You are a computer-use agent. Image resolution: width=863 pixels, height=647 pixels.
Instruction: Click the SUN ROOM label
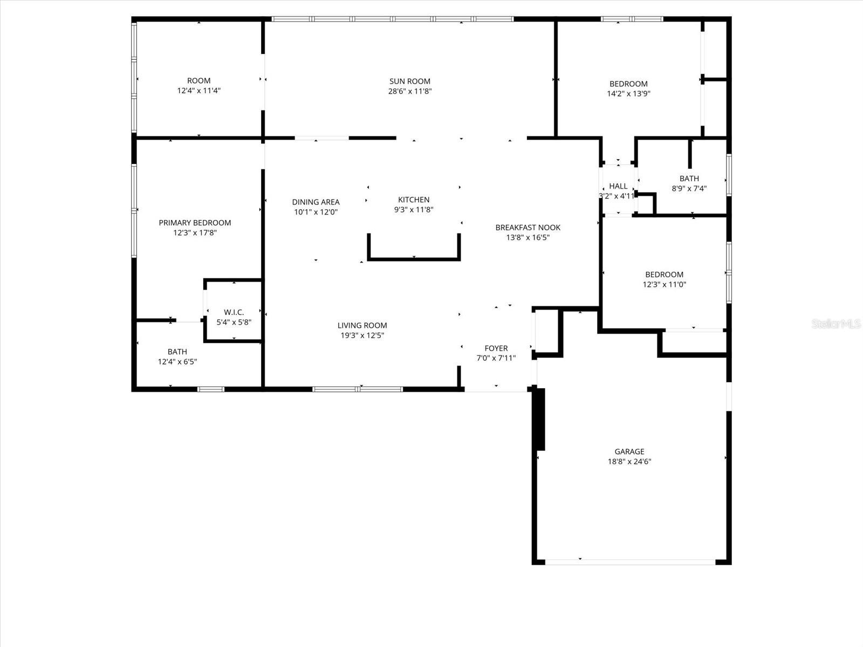click(410, 81)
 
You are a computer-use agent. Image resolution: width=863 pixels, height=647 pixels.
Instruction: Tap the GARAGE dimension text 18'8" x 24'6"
click(629, 462)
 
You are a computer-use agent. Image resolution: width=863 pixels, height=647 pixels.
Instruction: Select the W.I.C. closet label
click(234, 312)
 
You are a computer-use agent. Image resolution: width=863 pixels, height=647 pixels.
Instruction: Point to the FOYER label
click(496, 348)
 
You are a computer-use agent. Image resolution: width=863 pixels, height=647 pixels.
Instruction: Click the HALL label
click(618, 186)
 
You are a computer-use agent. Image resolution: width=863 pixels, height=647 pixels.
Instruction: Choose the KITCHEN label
click(414, 199)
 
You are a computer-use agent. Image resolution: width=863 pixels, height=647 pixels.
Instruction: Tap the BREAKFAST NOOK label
click(528, 228)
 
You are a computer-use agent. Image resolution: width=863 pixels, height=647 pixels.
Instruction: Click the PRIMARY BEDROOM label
click(195, 223)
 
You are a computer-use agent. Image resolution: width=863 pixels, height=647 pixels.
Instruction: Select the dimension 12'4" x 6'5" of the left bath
click(177, 362)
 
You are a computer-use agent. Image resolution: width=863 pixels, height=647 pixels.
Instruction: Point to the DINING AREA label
click(316, 202)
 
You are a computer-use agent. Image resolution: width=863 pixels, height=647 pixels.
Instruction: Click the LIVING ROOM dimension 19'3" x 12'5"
click(362, 335)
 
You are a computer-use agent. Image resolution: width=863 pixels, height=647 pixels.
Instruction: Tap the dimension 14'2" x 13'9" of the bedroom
click(628, 93)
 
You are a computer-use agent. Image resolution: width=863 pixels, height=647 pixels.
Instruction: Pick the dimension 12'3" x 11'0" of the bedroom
click(664, 285)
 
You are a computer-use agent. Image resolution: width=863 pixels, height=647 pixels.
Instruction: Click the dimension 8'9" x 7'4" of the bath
click(689, 189)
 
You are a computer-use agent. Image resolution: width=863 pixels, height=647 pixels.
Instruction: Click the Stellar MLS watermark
click(836, 324)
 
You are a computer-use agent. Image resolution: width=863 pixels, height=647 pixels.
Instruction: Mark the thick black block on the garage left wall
click(539, 419)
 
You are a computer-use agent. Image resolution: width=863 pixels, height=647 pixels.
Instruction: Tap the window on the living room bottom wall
click(358, 389)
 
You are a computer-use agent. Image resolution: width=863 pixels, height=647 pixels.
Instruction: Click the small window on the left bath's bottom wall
click(211, 389)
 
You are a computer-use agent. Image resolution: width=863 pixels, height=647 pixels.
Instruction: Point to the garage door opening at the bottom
click(630, 562)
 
